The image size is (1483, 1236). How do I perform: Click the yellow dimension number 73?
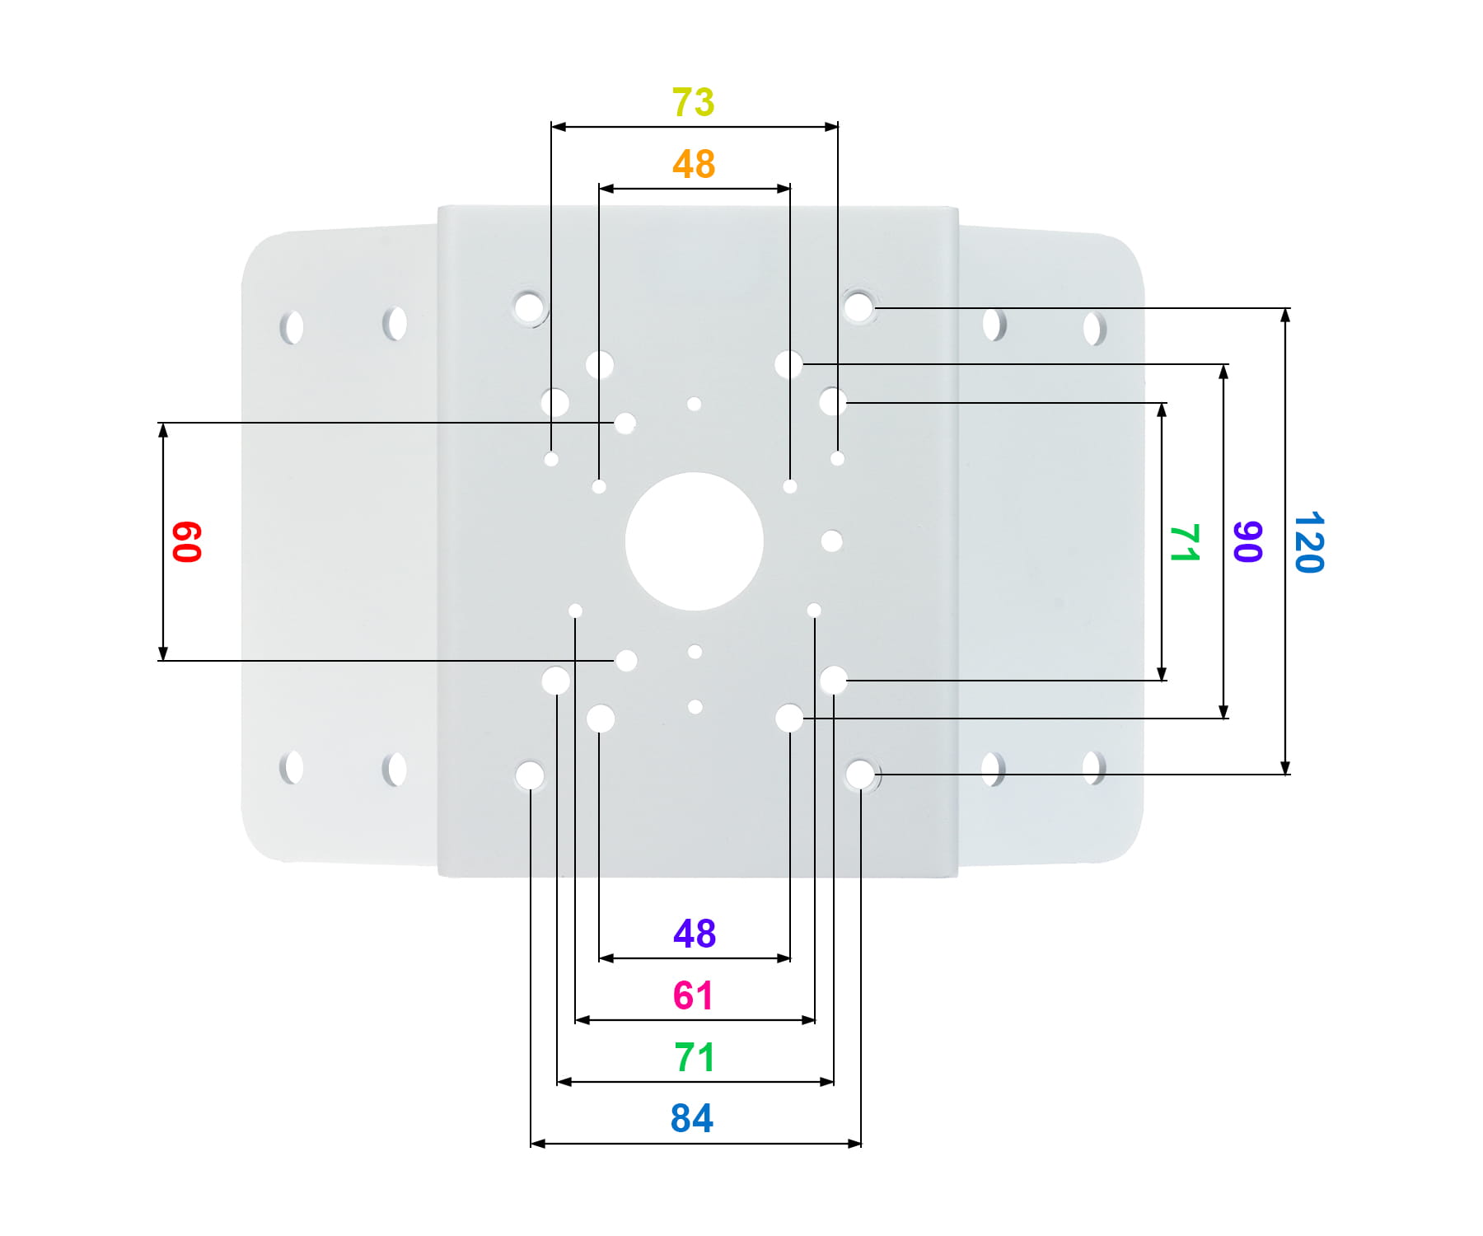pyautogui.click(x=693, y=102)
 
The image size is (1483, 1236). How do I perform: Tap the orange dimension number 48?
pyautogui.click(x=694, y=164)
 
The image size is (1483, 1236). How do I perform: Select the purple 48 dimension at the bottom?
pyautogui.click(x=695, y=934)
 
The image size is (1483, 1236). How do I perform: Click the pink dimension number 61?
pyautogui.click(x=693, y=995)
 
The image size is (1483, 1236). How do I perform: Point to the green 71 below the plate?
pyautogui.click(x=694, y=1057)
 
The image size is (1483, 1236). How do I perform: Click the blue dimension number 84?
pyautogui.click(x=692, y=1118)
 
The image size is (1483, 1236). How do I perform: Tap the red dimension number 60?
pyautogui.click(x=187, y=541)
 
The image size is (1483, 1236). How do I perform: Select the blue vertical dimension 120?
pyautogui.click(x=1308, y=541)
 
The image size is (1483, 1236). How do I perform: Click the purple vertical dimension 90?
pyautogui.click(x=1247, y=541)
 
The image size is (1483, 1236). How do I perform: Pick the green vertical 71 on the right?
pyautogui.click(x=1185, y=542)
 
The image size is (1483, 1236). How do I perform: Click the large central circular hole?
pyautogui.click(x=695, y=541)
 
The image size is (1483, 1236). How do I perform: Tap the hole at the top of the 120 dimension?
pyautogui.click(x=858, y=307)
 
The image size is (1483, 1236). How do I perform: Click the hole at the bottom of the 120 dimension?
pyautogui.click(x=860, y=775)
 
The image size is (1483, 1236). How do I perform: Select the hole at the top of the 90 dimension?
pyautogui.click(x=788, y=364)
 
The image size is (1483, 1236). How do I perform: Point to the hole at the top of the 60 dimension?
pyautogui.click(x=625, y=424)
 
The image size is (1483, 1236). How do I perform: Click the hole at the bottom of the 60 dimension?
pyautogui.click(x=626, y=660)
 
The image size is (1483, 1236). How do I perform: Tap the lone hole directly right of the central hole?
pyautogui.click(x=832, y=541)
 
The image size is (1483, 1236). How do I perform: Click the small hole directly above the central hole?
pyautogui.click(x=694, y=404)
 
